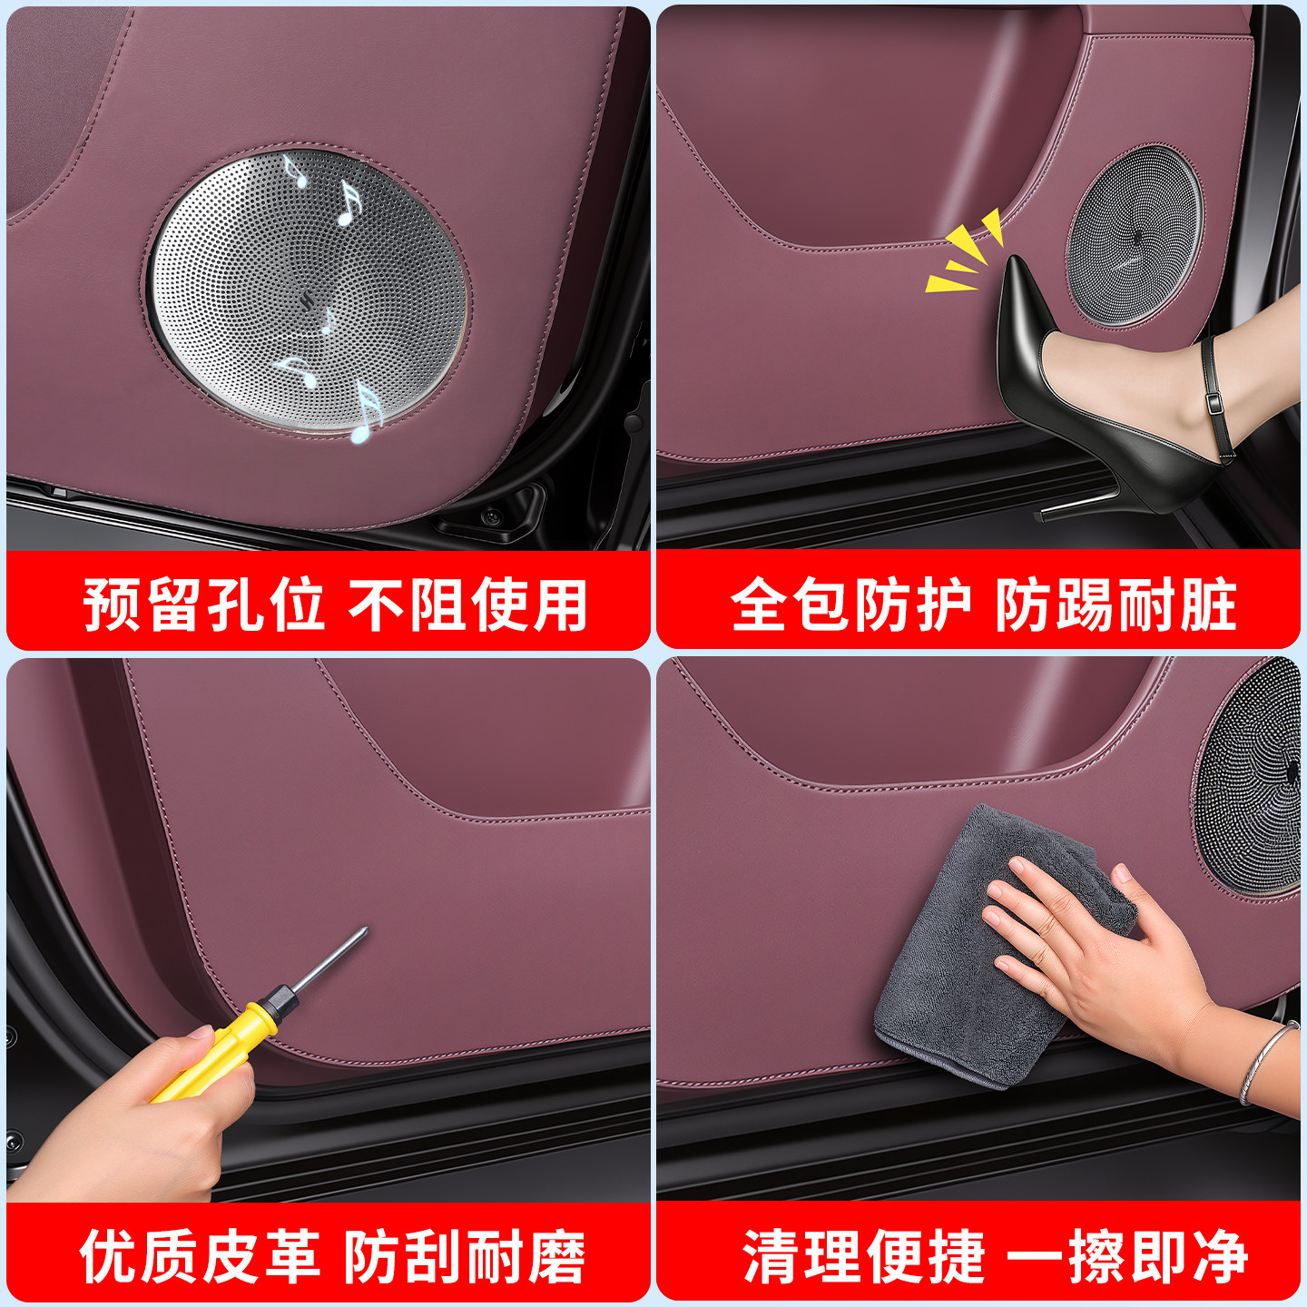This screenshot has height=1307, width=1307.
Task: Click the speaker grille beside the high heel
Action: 1134,235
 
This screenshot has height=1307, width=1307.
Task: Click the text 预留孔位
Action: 203,604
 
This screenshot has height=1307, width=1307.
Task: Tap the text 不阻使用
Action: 468,604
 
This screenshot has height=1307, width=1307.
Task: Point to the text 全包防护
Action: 851,604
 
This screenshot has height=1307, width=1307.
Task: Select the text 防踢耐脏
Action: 1115,604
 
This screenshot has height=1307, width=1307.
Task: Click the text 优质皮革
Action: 200,1255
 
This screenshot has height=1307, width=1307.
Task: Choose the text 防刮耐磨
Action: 465,1255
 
